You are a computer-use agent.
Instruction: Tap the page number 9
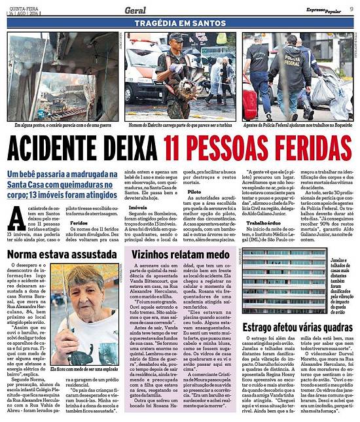(351, 9)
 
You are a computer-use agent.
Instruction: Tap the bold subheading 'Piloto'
(194, 192)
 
